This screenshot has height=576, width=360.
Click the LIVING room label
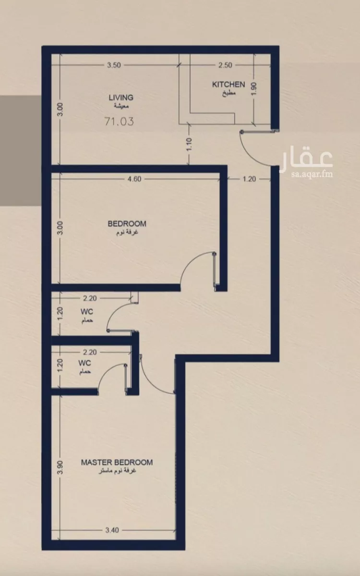(x=121, y=98)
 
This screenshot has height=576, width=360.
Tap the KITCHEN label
(x=228, y=85)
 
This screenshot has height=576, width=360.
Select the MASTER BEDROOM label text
(x=117, y=462)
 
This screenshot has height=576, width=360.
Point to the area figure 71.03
(x=119, y=121)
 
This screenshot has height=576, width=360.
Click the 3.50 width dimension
(x=114, y=65)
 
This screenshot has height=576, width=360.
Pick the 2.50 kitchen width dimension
(x=225, y=65)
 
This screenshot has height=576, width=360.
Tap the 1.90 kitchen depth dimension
(x=254, y=88)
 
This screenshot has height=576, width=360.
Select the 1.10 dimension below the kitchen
(x=189, y=145)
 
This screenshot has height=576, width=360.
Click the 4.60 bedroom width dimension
(x=134, y=179)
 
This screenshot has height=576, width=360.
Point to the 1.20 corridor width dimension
(x=249, y=179)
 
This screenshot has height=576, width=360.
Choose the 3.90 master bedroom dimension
(x=60, y=467)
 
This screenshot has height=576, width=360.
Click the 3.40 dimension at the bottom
(x=112, y=530)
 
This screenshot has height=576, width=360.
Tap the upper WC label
(x=87, y=311)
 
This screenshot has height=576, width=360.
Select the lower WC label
(x=84, y=363)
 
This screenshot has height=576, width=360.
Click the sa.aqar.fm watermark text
(x=312, y=174)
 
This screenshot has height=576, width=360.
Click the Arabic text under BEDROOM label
(x=127, y=233)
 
